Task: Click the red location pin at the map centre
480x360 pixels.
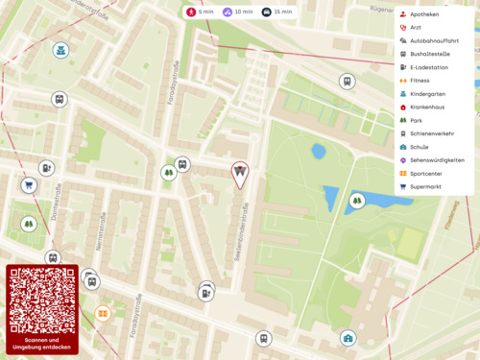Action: point(240,173)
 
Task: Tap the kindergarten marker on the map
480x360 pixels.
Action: point(60,50)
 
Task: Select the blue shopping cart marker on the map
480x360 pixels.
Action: point(29,184)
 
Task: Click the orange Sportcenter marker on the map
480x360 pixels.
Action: point(103,312)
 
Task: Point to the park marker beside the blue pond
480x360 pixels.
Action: point(357,201)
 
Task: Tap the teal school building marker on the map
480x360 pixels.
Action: point(348,338)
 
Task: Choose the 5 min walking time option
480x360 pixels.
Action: point(200,12)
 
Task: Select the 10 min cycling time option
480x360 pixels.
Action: point(237,12)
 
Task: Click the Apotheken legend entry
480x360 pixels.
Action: point(423,14)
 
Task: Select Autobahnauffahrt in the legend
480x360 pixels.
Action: point(433,41)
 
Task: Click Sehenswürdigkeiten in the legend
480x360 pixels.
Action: point(437,160)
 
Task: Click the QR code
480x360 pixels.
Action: point(41,299)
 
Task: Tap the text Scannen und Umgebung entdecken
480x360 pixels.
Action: point(41,343)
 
